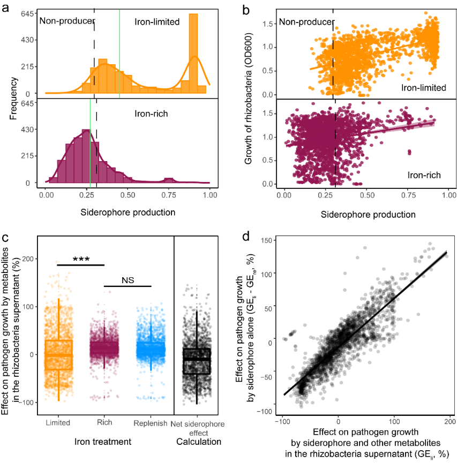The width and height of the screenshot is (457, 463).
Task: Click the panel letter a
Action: click(8, 6)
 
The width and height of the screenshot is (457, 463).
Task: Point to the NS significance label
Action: click(128, 279)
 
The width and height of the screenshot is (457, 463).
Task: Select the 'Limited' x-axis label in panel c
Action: click(58, 423)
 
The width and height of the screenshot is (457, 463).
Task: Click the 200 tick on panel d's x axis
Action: click(448, 422)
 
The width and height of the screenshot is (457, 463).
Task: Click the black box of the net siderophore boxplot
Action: click(197, 361)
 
